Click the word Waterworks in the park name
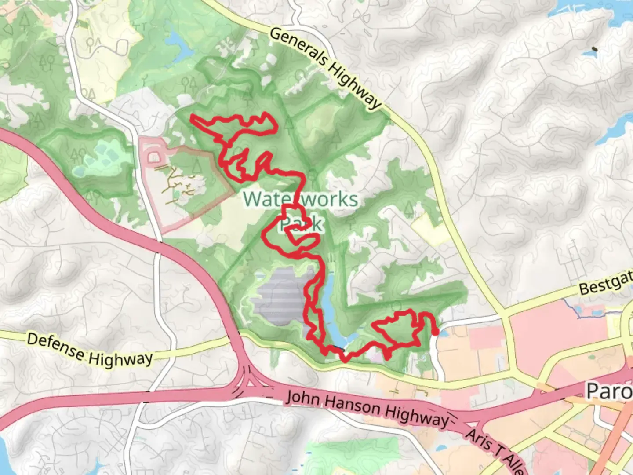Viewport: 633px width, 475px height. [301, 199]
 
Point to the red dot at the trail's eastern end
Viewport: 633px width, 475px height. [435, 332]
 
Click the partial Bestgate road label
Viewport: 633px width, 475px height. [606, 284]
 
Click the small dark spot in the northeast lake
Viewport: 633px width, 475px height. [595, 49]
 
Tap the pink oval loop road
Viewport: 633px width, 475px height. [154, 157]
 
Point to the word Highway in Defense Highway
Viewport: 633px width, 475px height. [120, 359]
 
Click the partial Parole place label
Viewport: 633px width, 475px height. [609, 391]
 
